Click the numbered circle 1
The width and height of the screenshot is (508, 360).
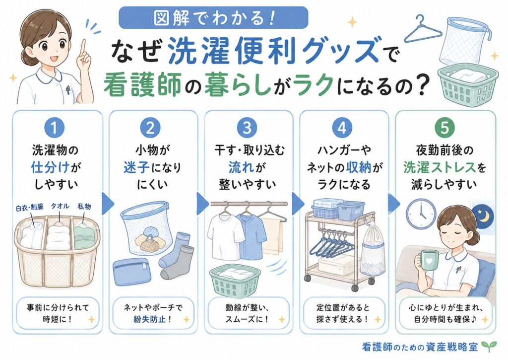(54, 128)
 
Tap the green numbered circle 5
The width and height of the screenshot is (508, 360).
(445, 128)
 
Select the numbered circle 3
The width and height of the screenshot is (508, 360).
(247, 128)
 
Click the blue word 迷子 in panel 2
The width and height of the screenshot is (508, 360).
(136, 168)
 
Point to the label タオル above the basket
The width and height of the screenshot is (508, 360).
(60, 206)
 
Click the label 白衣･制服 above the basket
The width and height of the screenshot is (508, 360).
(30, 208)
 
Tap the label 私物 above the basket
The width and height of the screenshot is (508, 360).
(84, 206)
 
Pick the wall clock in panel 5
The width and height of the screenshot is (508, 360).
(421, 214)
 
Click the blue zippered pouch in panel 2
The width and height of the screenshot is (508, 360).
(131, 273)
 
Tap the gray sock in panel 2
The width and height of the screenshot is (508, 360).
(177, 263)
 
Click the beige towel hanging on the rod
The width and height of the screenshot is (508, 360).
(273, 236)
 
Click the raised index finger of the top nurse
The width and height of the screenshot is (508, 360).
(83, 49)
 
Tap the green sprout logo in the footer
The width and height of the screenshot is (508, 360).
(487, 347)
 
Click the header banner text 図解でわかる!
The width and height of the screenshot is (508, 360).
(214, 18)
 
